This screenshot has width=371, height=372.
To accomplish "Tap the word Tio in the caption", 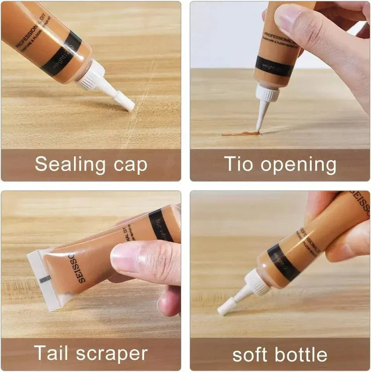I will (x=239, y=164).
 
